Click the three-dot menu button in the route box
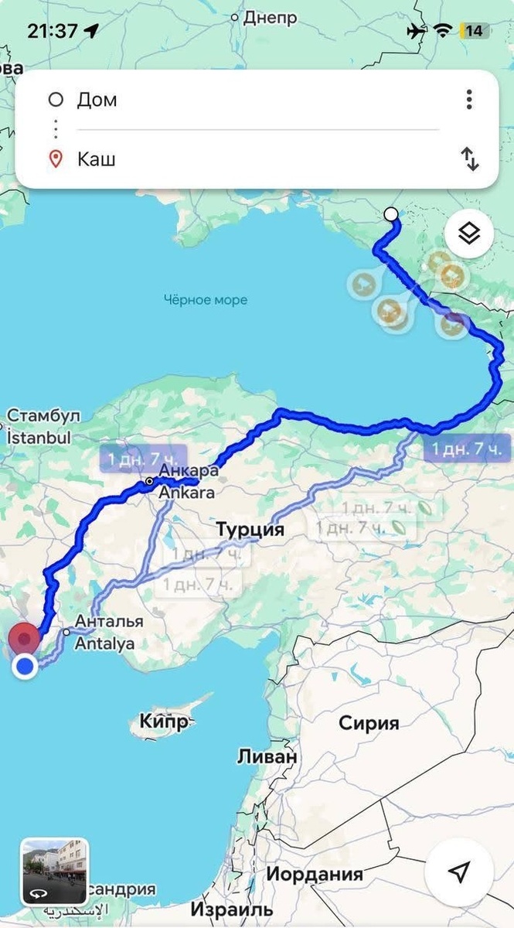click(x=469, y=100)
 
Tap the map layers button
click(x=468, y=233)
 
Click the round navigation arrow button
click(x=459, y=873)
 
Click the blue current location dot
click(x=26, y=666)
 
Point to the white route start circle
click(x=391, y=214)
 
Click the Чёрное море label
click(x=206, y=299)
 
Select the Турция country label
click(x=250, y=531)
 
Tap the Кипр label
click(x=164, y=722)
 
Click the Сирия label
click(x=369, y=724)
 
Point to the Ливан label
click(x=267, y=757)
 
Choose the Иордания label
click(x=315, y=875)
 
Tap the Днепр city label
click(x=270, y=18)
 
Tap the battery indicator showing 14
click(x=473, y=31)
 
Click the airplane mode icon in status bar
click(x=416, y=31)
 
